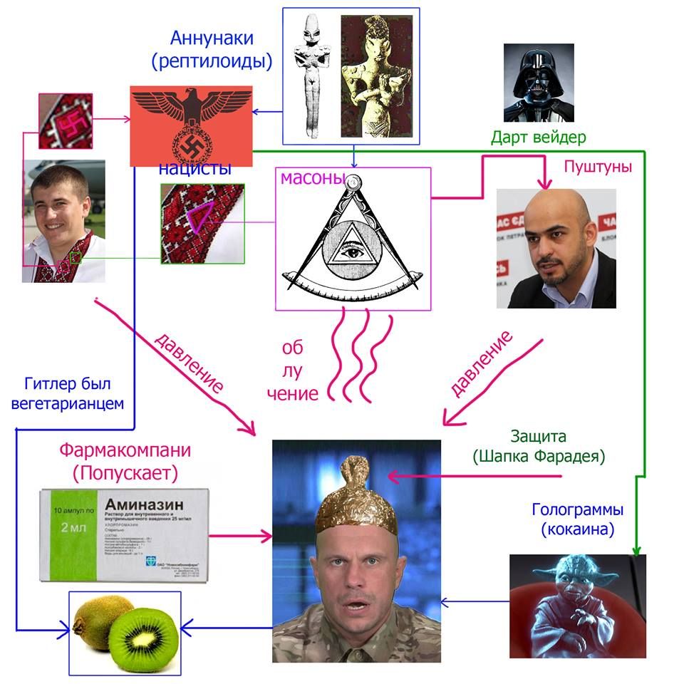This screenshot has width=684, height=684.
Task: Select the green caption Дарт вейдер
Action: point(539,137)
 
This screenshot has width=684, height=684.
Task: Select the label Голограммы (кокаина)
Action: point(578,520)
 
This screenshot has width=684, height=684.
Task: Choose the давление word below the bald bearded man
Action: point(482,363)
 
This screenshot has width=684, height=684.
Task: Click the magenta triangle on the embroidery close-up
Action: point(202,214)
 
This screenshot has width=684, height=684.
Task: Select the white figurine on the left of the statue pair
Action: point(311,75)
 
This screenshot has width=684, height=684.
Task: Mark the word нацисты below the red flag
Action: point(195,169)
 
